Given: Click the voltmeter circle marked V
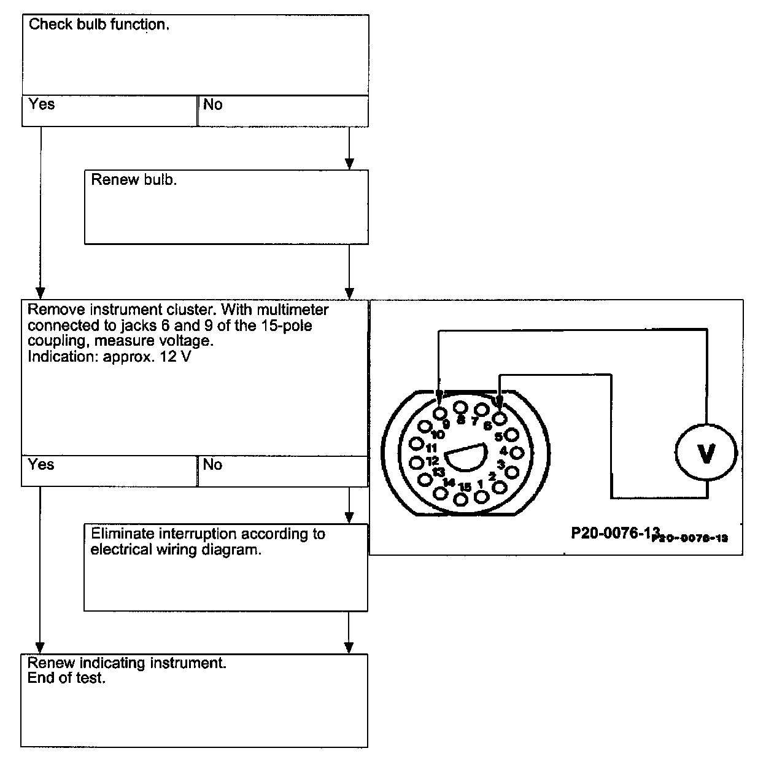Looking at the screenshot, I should tap(706, 453).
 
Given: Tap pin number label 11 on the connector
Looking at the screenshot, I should tap(431, 448).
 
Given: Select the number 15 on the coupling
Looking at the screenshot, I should tap(465, 487).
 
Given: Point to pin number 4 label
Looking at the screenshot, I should tap(504, 451).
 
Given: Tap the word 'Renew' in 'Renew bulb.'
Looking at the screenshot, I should tap(110, 181).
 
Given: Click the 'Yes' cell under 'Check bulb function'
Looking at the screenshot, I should tap(109, 111).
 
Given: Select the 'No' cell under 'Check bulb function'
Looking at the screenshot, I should tap(283, 111).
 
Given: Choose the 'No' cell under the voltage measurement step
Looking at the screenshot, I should tap(283, 471).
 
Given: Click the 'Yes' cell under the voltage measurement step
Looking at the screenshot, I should tap(109, 471).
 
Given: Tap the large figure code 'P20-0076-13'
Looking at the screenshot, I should tap(614, 532).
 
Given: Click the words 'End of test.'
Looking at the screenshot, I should tap(67, 679).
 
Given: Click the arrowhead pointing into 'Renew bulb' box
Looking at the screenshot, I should tap(349, 163).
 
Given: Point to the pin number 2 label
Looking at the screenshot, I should tap(492, 477).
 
